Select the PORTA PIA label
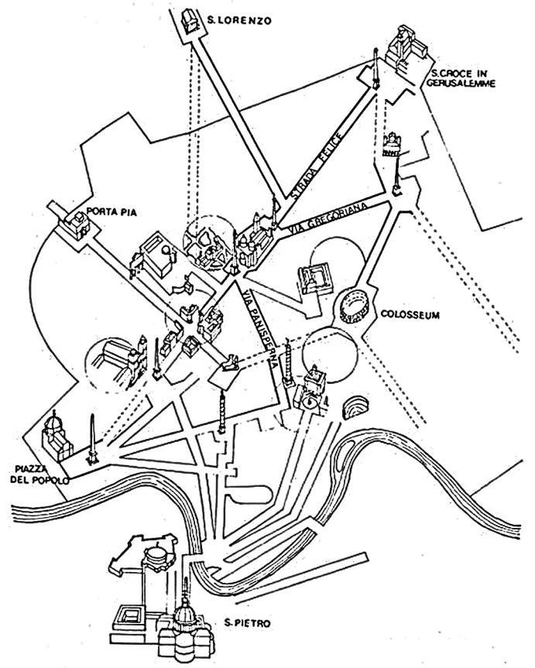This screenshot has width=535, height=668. pos(107,209)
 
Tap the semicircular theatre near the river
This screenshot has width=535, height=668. pos(355,408)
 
